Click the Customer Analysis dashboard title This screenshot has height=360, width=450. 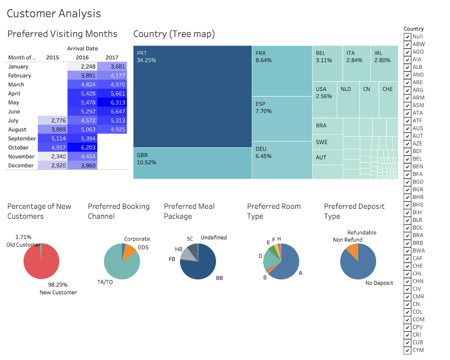point(54,13)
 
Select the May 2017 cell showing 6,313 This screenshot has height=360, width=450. point(112,102)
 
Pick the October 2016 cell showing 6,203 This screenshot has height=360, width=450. point(82,147)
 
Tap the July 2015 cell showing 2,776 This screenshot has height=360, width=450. point(52,120)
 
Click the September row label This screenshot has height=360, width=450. point(22,139)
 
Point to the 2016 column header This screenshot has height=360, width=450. point(82,57)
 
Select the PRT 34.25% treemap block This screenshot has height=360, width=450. point(192,96)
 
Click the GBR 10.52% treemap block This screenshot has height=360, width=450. point(192,163)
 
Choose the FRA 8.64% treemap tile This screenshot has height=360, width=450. point(282,71)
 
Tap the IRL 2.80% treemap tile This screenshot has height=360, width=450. point(384,63)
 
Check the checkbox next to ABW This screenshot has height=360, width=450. point(407,44)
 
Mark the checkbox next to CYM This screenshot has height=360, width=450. point(407,350)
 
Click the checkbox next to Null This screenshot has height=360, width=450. point(407,36)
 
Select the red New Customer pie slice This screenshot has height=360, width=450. point(41,264)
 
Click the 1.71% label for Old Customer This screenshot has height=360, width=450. point(23,237)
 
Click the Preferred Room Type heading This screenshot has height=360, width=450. point(274,211)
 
